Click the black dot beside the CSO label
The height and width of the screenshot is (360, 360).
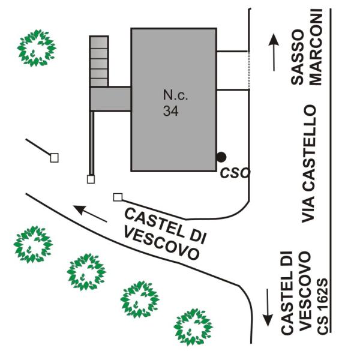pos(221,157)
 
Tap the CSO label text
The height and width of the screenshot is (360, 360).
pos(235,173)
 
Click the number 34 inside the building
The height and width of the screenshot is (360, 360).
pos(171,111)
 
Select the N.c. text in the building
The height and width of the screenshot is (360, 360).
pos(175,95)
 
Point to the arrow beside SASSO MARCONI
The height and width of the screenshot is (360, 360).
pos(274,52)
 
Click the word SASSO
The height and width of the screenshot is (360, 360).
pos(298,57)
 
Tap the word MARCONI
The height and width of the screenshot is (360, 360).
pos(316,47)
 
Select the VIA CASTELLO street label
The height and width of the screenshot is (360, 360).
pos(308,164)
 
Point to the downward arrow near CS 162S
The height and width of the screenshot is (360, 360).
pos(268,308)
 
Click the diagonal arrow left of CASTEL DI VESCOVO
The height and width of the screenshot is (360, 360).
pos(90,214)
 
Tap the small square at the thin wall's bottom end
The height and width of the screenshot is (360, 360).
pos(91,179)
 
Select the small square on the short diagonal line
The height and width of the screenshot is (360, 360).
pos(55,158)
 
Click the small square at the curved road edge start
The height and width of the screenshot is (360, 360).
pos(118,197)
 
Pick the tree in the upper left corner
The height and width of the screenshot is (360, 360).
pos(37,48)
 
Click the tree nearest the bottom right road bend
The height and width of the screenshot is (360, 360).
pos(193,327)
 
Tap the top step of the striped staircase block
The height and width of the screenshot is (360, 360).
pos(99,43)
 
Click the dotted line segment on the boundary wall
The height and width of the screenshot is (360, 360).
pos(249,70)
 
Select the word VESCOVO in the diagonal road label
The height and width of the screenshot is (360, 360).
pos(161,245)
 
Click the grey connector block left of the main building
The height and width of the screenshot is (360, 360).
pos(110,99)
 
